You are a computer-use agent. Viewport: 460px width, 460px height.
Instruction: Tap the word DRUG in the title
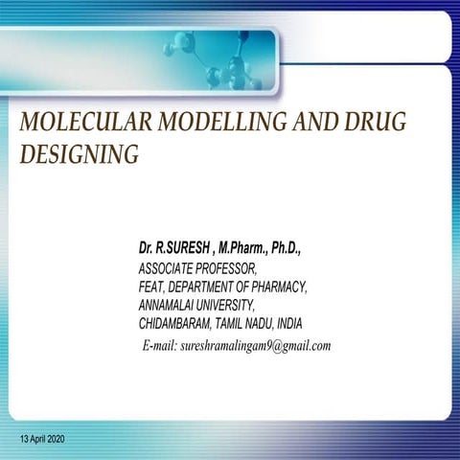point(373,122)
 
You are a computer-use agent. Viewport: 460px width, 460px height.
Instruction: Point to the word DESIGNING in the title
point(79,153)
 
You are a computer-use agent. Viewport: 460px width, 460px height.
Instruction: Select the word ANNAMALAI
point(172,305)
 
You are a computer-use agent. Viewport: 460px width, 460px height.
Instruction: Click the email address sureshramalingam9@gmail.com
point(255,346)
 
